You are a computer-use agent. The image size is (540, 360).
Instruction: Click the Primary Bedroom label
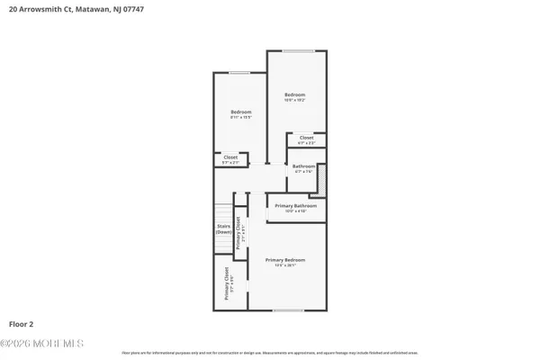(x=282, y=259)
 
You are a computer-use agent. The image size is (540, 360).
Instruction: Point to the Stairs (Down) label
(x=224, y=229)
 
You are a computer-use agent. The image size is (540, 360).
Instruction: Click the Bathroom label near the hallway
(x=303, y=166)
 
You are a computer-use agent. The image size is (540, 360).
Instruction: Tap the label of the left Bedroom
(x=239, y=112)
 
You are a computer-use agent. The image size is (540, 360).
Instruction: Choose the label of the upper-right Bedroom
(x=295, y=94)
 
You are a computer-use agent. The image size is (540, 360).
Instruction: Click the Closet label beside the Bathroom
(x=306, y=138)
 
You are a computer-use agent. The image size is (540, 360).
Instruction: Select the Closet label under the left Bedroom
(x=229, y=159)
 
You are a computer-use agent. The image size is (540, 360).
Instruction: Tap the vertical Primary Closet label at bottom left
(x=226, y=283)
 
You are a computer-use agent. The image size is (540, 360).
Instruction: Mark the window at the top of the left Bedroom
(x=239, y=73)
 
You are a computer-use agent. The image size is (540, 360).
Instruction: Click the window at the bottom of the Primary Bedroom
(x=287, y=310)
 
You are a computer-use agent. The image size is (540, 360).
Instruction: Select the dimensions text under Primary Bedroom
(x=282, y=265)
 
